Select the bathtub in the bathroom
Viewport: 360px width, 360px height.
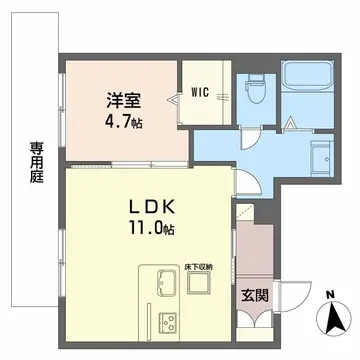point(308,77)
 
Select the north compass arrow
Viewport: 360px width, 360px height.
point(330,320)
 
